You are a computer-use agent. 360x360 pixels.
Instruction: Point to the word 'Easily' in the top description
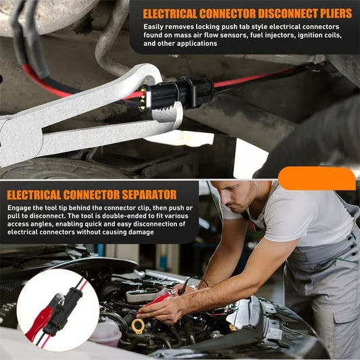155,26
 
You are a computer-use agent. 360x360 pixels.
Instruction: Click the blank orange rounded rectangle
316,178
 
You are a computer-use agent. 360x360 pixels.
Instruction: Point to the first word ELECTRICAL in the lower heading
36,195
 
